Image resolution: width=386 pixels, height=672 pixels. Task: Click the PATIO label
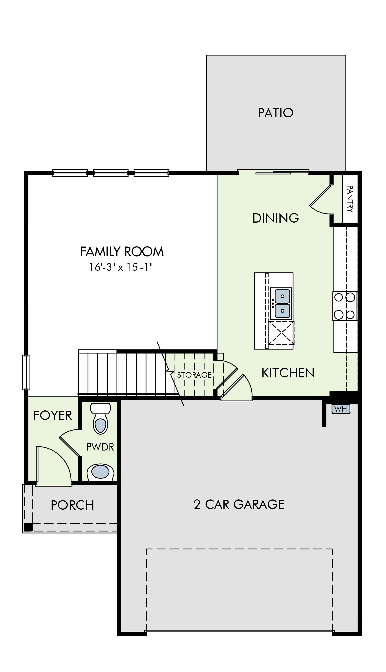click(x=276, y=113)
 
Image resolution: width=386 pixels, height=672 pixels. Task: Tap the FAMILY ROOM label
click(x=122, y=252)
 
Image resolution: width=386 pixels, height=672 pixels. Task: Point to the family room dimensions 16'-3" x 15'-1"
click(x=121, y=267)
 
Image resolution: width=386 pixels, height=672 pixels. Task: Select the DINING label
click(x=276, y=218)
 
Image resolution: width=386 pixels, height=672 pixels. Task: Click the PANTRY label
click(x=350, y=199)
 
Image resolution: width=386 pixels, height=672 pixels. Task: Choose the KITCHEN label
click(x=288, y=373)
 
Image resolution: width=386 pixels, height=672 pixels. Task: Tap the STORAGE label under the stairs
click(x=194, y=375)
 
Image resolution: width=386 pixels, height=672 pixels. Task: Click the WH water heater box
click(x=341, y=409)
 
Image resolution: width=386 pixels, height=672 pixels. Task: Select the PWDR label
click(x=100, y=447)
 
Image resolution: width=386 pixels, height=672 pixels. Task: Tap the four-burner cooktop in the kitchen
click(x=345, y=306)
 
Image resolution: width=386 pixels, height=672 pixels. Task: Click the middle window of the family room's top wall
click(x=111, y=173)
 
